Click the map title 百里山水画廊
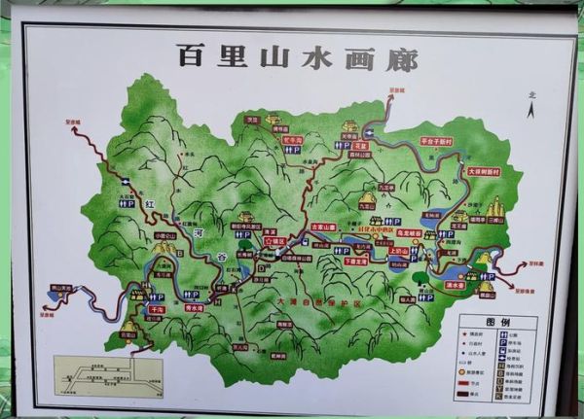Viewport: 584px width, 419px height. click(297, 56)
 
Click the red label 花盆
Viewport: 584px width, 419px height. click(360, 144)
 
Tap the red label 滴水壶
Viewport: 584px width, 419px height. click(455, 286)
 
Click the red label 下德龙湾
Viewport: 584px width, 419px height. click(356, 261)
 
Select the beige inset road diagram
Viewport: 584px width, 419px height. click(108, 374)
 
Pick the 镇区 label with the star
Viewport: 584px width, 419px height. click(275, 239)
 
